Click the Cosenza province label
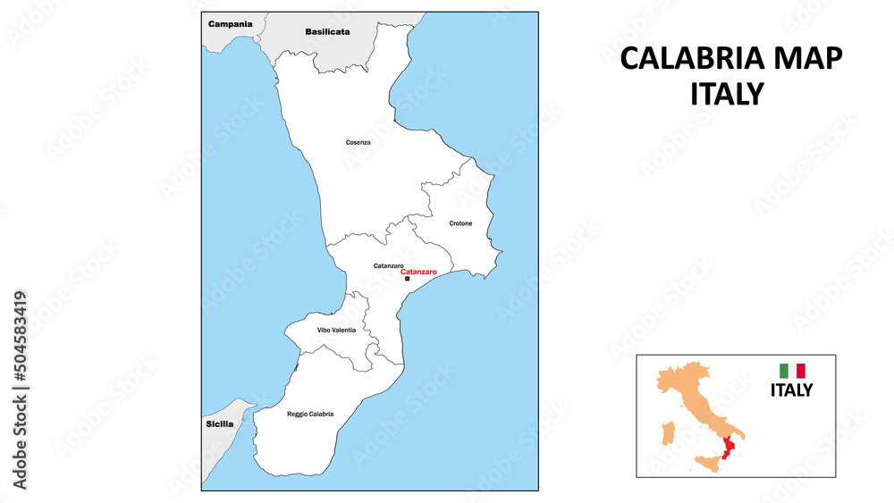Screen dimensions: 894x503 click(x=358, y=142)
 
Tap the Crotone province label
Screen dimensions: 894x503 click(x=460, y=223)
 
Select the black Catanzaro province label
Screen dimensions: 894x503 click(x=388, y=265)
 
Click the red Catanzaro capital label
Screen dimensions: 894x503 click(x=419, y=272)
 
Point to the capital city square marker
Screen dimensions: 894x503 click(x=408, y=279)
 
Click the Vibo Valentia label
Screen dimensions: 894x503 click(x=336, y=331)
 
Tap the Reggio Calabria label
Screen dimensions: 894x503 click(x=310, y=414)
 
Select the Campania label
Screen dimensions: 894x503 click(x=230, y=24)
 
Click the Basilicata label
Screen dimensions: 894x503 click(x=327, y=31)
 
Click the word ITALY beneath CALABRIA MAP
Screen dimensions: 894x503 click(x=727, y=94)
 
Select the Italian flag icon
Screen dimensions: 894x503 click(x=792, y=371)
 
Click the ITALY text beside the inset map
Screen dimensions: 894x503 click(x=791, y=390)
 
